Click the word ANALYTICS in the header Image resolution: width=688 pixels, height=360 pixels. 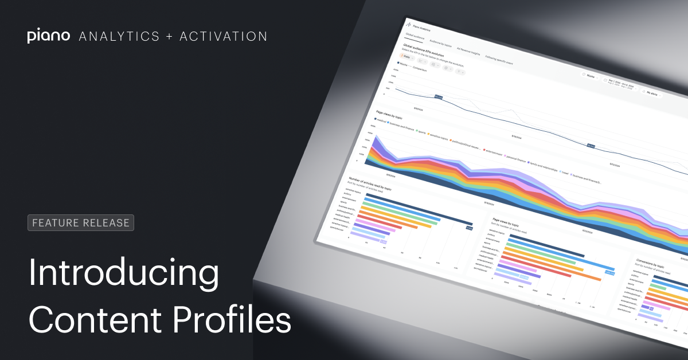pos(119,36)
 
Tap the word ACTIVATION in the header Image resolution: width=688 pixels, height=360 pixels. pos(223,36)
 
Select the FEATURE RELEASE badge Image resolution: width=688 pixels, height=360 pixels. pos(81,222)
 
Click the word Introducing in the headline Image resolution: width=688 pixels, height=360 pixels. pos(124,273)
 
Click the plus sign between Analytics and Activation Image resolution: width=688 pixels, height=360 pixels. pos(169,36)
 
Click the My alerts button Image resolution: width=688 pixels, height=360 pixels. pos(652,92)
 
